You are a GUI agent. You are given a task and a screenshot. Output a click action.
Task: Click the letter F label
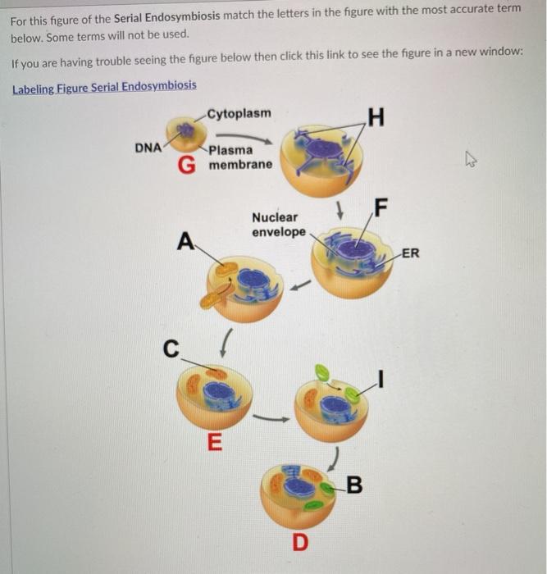coord(380,205)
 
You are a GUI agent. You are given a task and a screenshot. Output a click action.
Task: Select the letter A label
coord(187,241)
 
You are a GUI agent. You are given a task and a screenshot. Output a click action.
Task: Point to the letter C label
coord(170,348)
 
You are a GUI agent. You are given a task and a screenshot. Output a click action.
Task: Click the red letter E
coord(214,444)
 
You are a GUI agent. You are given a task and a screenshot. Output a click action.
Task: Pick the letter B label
coord(354,485)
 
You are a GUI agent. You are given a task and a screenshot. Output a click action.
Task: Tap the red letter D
coord(301,541)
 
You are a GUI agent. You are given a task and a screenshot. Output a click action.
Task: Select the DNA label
coord(148,148)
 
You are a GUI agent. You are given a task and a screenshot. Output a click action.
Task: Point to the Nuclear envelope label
coord(279,225)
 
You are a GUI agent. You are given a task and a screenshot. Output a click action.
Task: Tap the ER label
coord(410,253)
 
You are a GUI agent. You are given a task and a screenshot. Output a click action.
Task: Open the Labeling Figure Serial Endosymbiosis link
coord(104,86)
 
